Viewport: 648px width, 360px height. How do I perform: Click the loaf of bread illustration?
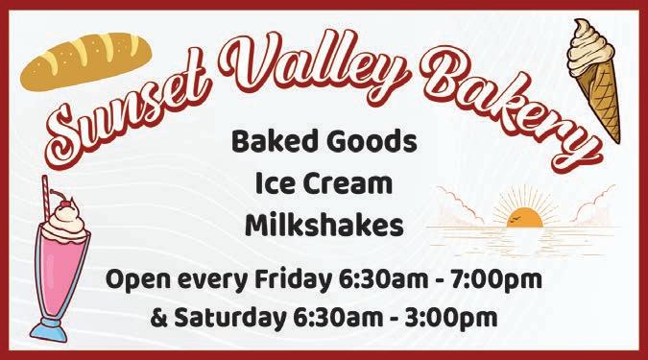click(86, 60)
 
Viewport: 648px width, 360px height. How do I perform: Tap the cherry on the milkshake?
click(65, 204)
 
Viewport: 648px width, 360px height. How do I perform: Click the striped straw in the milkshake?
click(46, 198)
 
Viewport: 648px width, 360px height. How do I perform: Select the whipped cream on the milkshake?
click(65, 225)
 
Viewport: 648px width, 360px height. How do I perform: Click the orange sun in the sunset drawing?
click(524, 218)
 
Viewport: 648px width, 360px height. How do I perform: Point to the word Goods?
click(372, 141)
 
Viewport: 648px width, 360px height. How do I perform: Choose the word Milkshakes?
click(324, 226)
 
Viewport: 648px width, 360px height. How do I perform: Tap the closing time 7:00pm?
click(496, 280)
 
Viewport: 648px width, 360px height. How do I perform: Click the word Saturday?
click(229, 319)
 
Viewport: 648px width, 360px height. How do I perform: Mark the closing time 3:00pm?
click(452, 319)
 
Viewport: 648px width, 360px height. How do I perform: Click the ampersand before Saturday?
click(158, 318)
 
